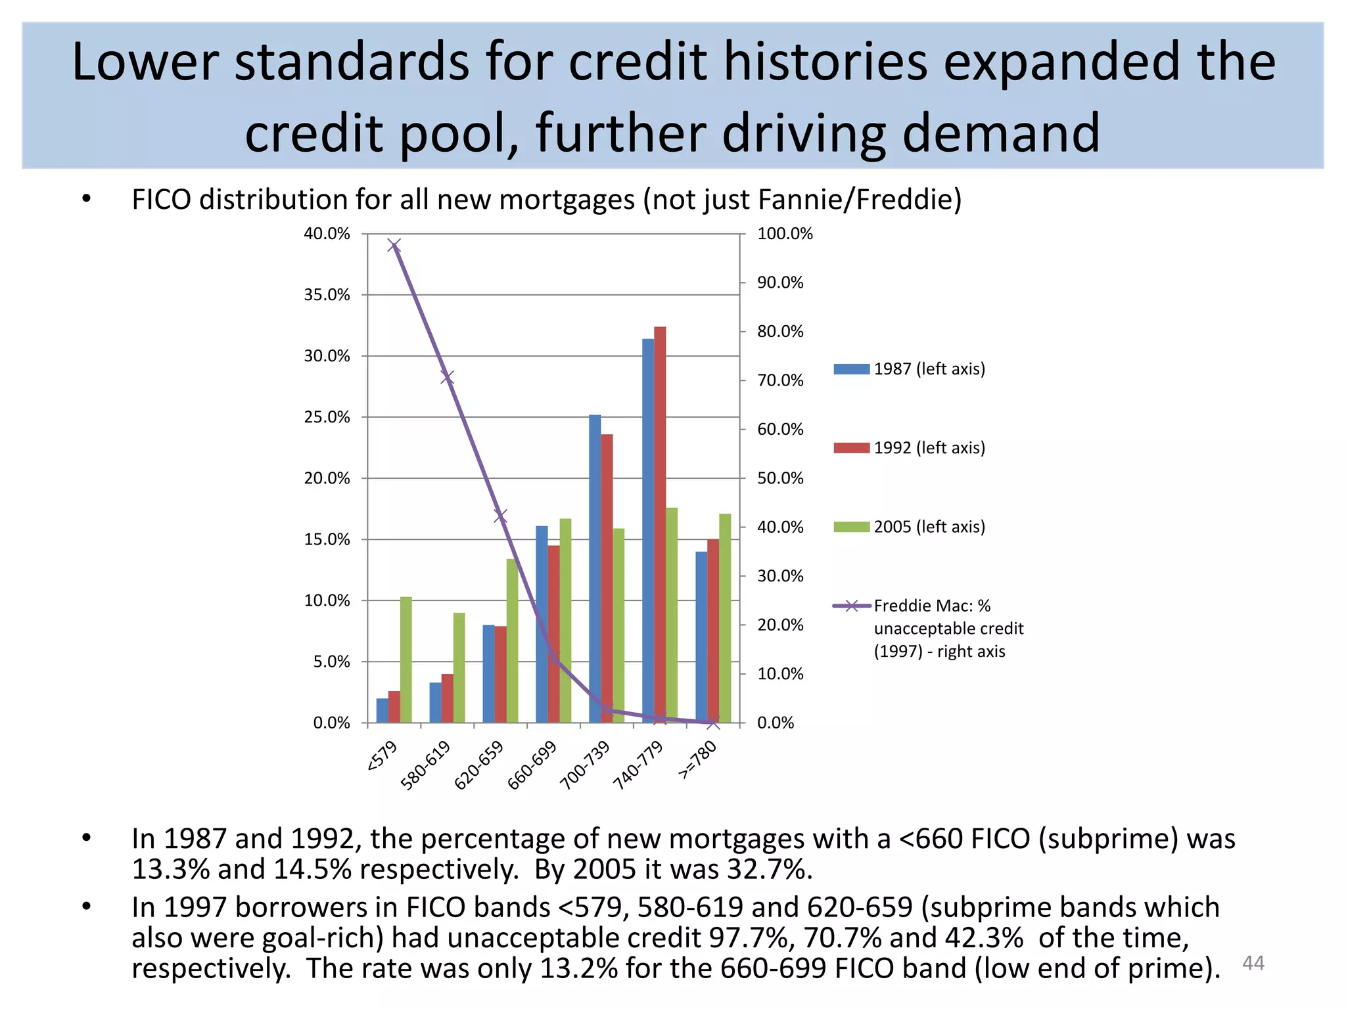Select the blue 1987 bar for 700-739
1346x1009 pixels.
click(x=595, y=568)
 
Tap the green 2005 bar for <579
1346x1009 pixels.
click(x=406, y=660)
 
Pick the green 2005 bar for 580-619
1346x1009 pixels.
click(x=459, y=667)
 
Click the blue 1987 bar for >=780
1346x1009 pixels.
click(x=701, y=637)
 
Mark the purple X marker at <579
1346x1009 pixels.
click(x=394, y=246)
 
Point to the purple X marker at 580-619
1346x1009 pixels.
click(x=448, y=377)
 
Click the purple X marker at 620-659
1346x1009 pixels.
click(x=500, y=516)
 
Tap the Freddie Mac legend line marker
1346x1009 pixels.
click(x=852, y=606)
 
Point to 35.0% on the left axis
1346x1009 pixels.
click(x=327, y=295)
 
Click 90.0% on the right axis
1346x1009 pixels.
click(x=780, y=282)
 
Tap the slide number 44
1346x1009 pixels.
click(x=1253, y=963)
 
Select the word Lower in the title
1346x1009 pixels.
click(x=145, y=62)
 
